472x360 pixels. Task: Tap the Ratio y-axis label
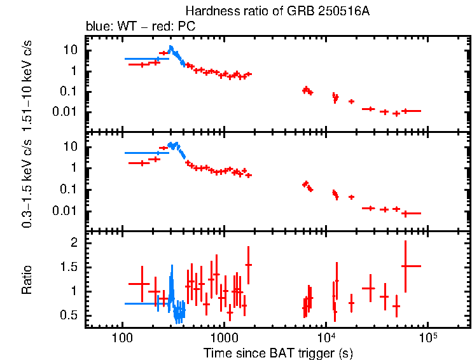point(27,279)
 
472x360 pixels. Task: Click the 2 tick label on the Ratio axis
point(74,243)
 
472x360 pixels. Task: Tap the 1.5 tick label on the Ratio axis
point(70,267)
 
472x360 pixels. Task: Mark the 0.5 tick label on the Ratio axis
point(70,315)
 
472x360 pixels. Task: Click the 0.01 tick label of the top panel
point(66,112)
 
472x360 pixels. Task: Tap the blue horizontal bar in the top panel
point(146,59)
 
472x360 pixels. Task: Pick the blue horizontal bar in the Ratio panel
point(146,303)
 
